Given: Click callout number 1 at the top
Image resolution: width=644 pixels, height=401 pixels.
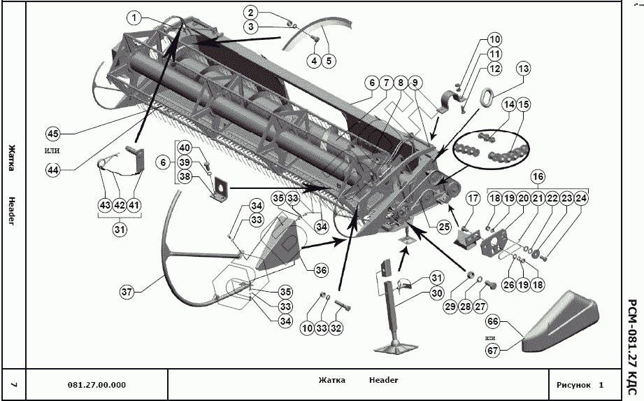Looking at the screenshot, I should coord(135,17).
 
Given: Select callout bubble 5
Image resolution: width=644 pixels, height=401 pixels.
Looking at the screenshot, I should coord(329,61).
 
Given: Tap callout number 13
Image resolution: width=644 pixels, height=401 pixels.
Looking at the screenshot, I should coord(524,69).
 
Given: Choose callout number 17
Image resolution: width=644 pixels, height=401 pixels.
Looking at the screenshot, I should coord(472,198).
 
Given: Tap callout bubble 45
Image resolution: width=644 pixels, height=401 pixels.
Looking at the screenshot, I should coord(53,133).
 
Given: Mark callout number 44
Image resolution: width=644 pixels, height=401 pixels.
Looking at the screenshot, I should coord(53,169).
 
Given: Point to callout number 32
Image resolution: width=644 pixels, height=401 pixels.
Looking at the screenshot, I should coord(336,327).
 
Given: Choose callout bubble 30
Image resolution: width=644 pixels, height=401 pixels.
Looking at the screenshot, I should coord(437,293).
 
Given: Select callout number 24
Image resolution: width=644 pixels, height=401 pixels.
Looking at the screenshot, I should coord(581,198).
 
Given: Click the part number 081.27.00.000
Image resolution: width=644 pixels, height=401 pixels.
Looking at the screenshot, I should coord(97,385).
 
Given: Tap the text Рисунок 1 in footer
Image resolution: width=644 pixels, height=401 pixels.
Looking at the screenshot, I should coord(580,385).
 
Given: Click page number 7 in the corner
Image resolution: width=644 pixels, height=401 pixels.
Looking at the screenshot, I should coord(15,385).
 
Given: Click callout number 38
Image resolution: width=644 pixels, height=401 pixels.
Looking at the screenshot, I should coord(184,177).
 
